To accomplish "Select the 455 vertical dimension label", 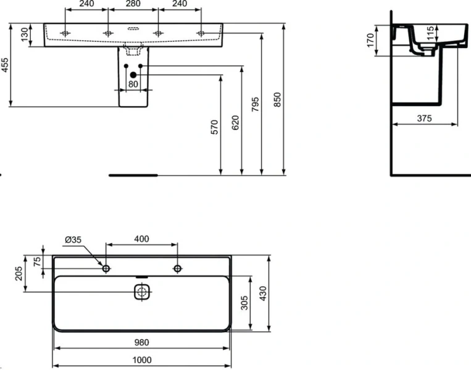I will [6, 65].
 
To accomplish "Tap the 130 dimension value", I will [25, 35].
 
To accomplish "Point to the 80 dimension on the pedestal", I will [133, 84].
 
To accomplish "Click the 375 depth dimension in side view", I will [423, 118].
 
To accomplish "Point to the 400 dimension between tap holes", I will [142, 239].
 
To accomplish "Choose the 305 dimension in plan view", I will [244, 302].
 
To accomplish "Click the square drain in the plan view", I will [142, 292].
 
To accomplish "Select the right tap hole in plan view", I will [178, 268].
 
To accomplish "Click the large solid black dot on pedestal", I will [133, 75].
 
